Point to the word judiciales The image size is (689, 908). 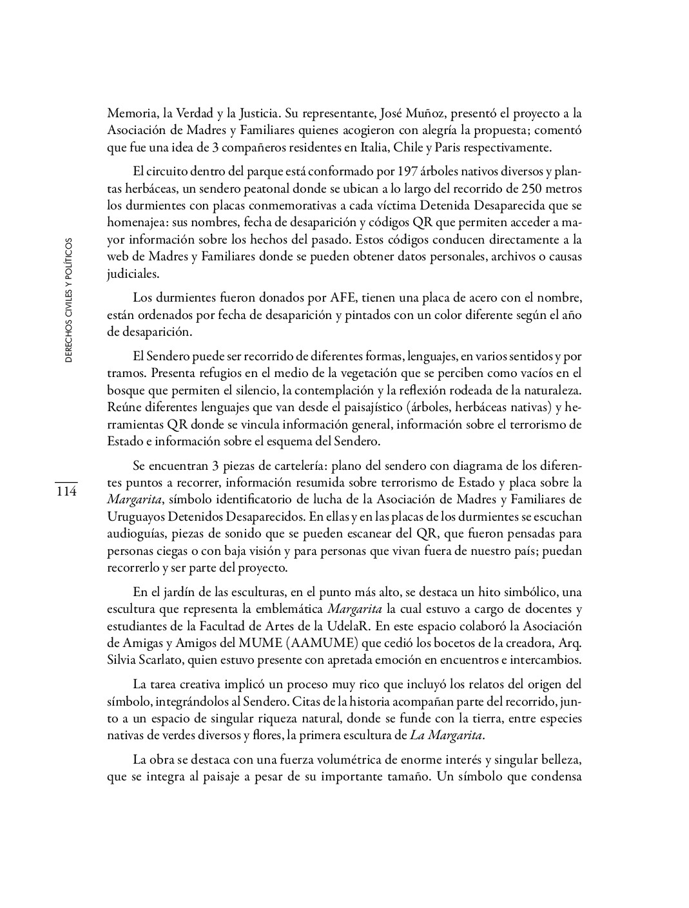(133, 274)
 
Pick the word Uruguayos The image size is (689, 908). (136, 517)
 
